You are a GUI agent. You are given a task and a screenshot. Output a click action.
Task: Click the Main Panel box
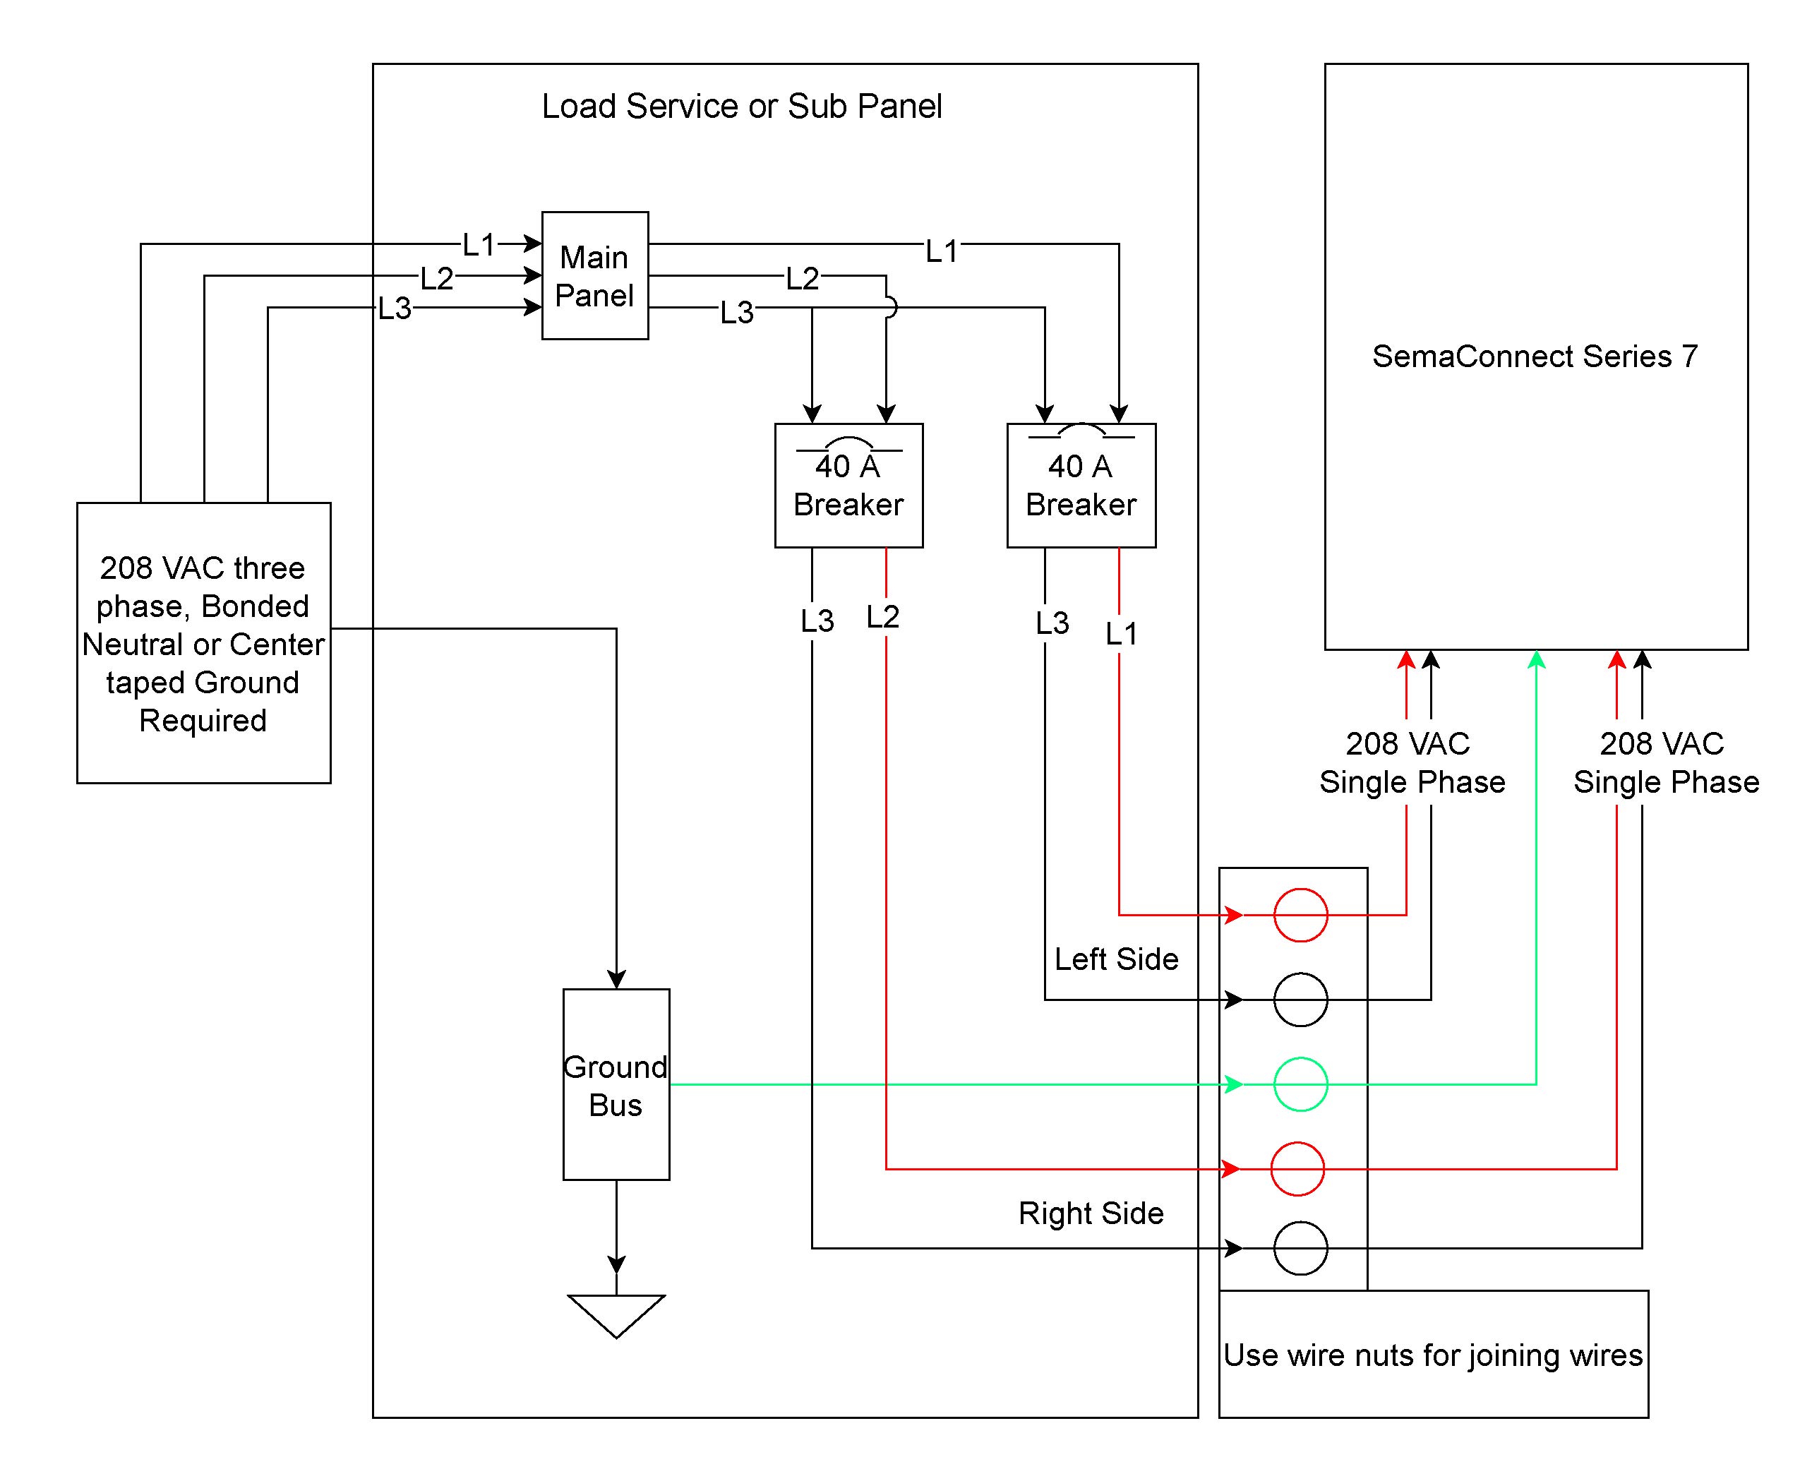(594, 275)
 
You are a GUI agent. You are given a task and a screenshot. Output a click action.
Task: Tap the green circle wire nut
(1300, 1084)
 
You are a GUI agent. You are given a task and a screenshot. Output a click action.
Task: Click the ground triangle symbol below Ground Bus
(616, 1314)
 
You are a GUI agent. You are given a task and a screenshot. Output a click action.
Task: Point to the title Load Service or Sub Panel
(741, 107)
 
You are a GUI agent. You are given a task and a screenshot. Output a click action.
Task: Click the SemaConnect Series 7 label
(1535, 356)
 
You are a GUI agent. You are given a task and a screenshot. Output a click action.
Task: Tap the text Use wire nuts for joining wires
(1432, 1355)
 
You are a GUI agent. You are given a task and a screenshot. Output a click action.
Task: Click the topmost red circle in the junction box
(1300, 916)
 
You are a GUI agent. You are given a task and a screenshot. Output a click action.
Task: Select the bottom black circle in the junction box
(1300, 1249)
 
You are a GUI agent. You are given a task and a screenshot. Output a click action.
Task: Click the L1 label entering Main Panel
(479, 246)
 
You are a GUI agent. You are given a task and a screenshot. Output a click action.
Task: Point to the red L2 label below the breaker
(883, 617)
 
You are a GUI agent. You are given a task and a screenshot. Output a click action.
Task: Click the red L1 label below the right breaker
(1121, 634)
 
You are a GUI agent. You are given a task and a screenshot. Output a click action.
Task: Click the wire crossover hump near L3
(889, 307)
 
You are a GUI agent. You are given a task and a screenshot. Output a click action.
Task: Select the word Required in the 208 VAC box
(203, 721)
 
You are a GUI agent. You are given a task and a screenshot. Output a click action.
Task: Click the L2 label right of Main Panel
(802, 279)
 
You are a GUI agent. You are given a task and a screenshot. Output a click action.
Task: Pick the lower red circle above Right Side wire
(1297, 1169)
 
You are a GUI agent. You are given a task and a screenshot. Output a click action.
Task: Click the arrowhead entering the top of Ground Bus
(616, 978)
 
